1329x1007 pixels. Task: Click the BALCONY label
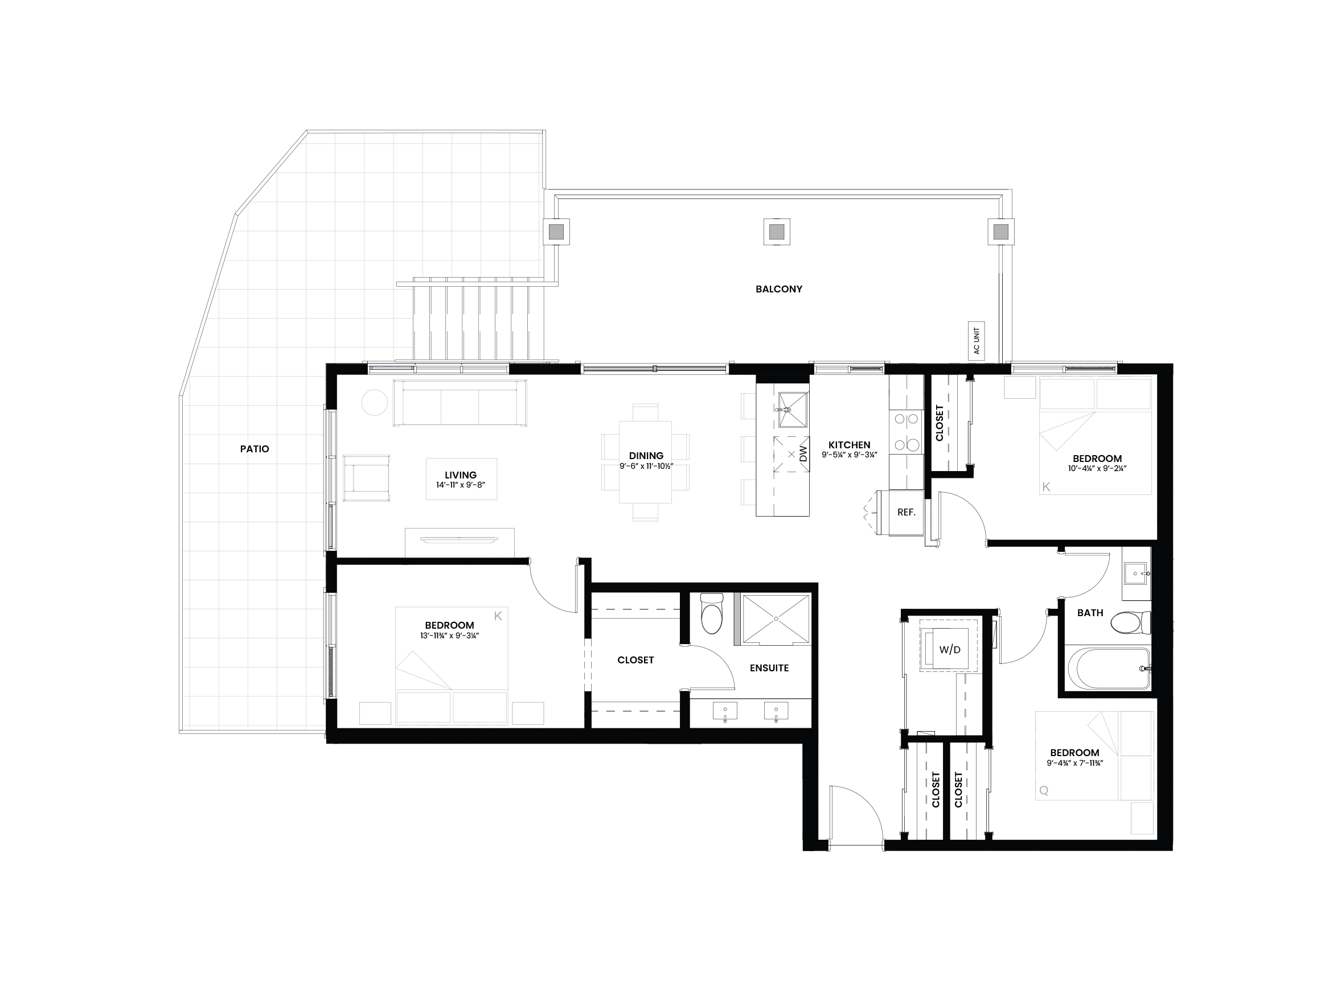point(778,289)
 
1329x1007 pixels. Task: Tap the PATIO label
point(255,448)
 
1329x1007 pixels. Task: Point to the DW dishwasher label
point(804,454)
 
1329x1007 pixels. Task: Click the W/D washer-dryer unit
point(949,649)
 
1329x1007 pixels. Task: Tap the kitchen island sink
point(793,409)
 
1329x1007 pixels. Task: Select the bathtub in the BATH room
point(1107,668)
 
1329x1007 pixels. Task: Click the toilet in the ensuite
point(712,613)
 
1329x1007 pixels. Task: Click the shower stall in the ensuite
point(776,619)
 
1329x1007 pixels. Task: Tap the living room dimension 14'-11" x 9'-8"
point(461,485)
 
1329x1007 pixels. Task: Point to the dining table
point(645,462)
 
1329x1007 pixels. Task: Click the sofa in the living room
point(460,403)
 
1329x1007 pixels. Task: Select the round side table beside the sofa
point(374,402)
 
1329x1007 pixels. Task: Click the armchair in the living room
point(367,478)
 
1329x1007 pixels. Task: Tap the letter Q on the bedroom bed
point(1044,791)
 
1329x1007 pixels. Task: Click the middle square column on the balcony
point(776,231)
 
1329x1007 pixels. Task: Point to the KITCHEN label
point(849,445)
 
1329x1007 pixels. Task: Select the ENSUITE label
point(769,668)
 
